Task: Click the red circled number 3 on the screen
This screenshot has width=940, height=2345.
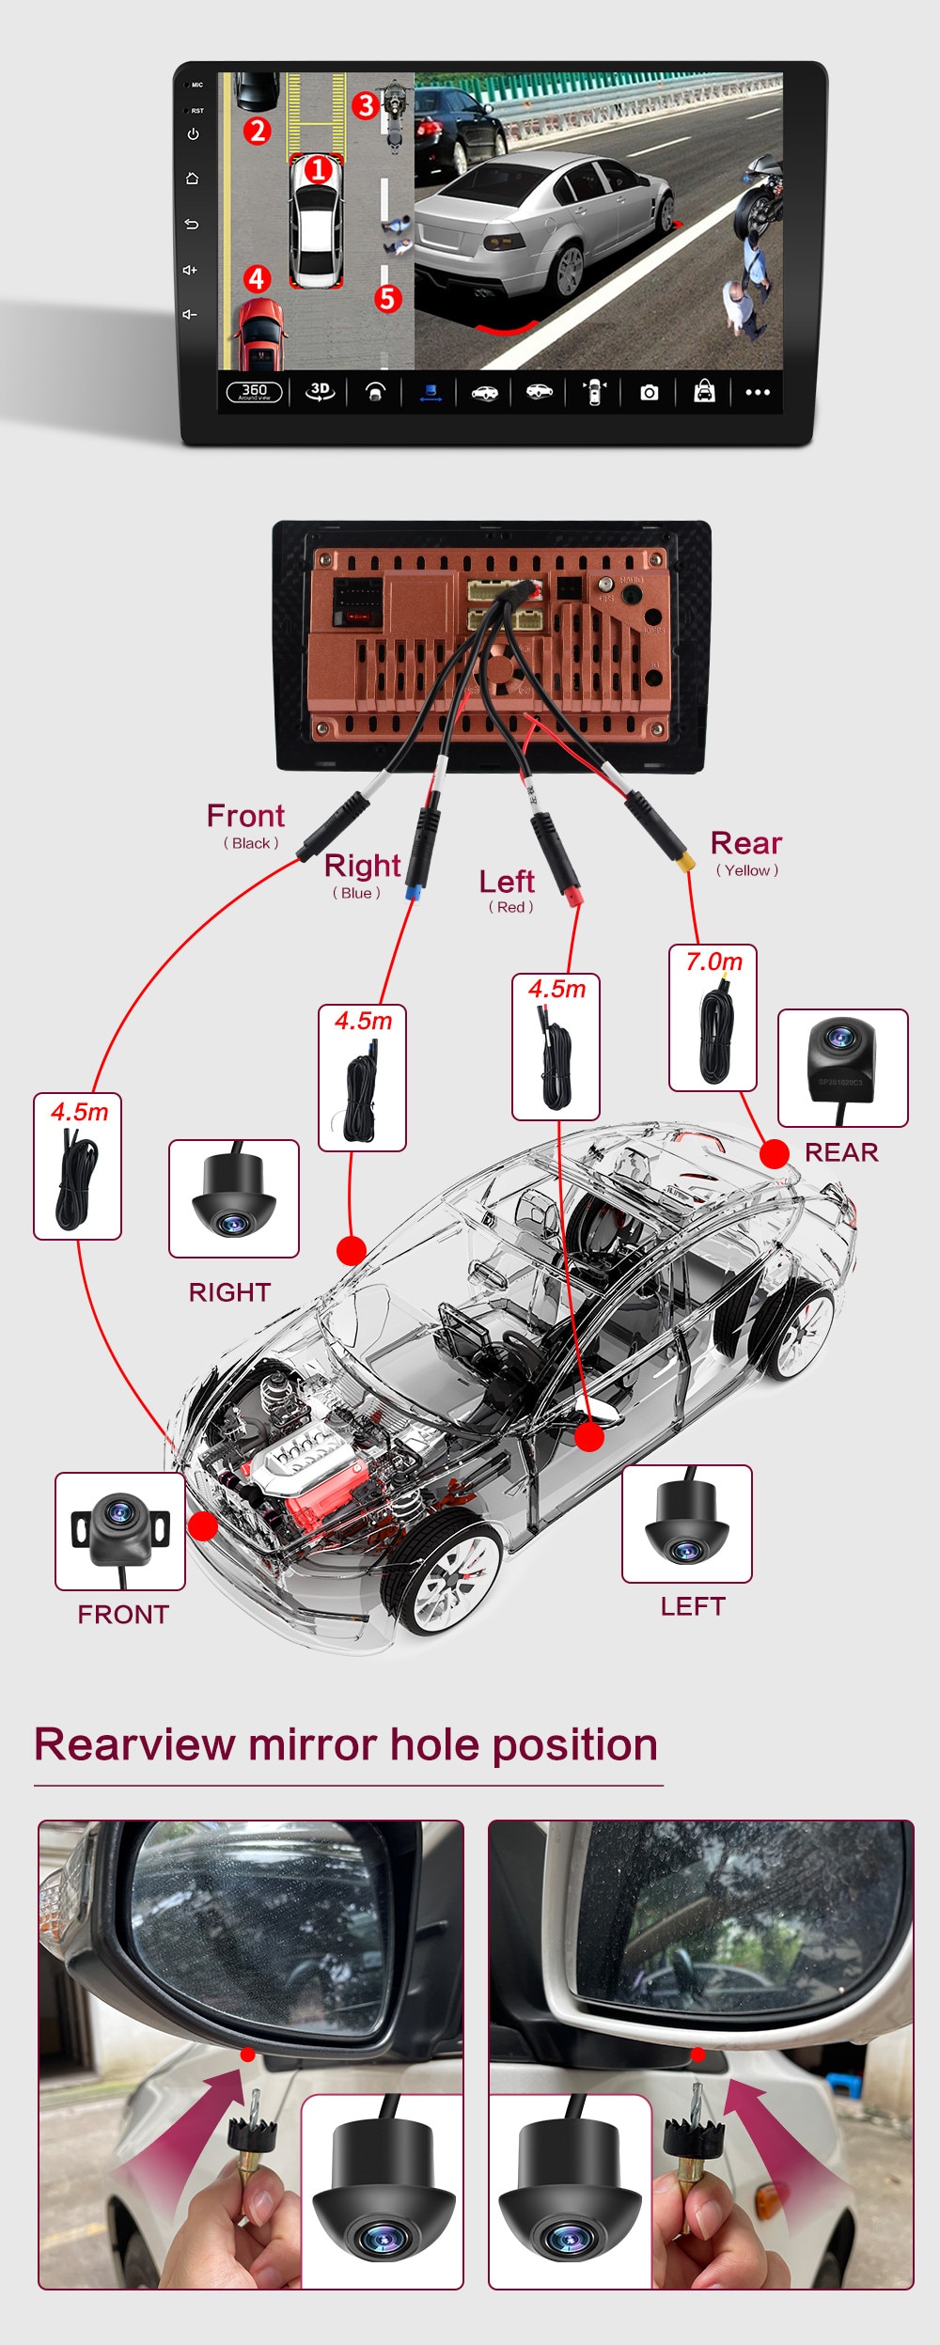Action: point(366,105)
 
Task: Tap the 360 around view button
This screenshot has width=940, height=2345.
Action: point(254,391)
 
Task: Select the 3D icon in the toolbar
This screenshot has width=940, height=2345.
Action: point(320,391)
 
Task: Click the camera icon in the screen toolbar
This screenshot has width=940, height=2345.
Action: point(649,392)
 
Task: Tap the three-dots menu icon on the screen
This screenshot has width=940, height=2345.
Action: point(758,392)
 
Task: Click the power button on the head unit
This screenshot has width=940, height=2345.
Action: point(193,134)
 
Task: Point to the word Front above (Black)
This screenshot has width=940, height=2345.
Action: point(245,816)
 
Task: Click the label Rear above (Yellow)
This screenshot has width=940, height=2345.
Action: point(745,843)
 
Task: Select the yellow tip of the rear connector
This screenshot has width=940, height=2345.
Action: point(688,862)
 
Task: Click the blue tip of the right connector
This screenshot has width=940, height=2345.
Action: point(412,892)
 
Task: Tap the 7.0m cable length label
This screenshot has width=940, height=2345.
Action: point(713,962)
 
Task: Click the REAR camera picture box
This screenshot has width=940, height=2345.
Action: point(842,1068)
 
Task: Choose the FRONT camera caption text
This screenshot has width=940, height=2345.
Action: point(123,1615)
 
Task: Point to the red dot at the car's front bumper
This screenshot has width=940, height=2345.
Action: point(202,1525)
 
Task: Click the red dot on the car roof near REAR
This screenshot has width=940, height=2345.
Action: point(774,1153)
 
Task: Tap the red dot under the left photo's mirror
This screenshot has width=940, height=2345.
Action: point(247,2056)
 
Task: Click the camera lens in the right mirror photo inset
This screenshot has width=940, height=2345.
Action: point(570,2240)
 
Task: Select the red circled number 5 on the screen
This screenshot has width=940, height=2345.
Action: point(387,299)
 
